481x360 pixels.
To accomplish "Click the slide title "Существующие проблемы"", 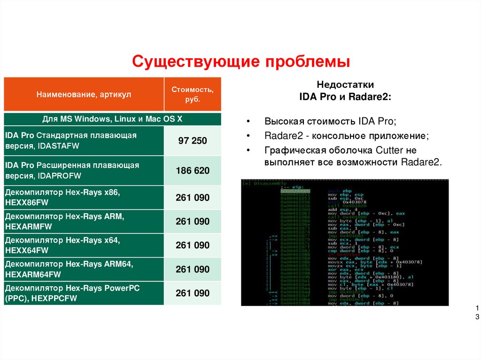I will (x=241, y=61).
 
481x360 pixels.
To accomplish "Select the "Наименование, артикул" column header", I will (x=84, y=94).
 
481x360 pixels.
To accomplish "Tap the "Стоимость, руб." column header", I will (x=193, y=94).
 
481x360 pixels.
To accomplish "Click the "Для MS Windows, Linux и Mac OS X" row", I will (x=112, y=119).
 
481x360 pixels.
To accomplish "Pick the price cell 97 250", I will (x=193, y=141).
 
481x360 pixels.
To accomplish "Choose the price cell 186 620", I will (x=193, y=171).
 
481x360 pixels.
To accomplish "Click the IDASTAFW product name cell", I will (x=84, y=141).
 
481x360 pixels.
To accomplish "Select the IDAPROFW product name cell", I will (x=84, y=171).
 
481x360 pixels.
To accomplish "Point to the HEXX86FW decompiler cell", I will (x=84, y=198).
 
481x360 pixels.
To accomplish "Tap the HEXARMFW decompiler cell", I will (x=84, y=222).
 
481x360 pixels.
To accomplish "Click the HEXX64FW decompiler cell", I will (x=84, y=245).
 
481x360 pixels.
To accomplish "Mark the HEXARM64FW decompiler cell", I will (x=84, y=269).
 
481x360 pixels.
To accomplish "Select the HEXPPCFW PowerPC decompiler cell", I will (x=84, y=293).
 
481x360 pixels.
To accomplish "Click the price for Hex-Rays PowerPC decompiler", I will (x=193, y=293).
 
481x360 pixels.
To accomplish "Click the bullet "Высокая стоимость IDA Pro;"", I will (x=330, y=121).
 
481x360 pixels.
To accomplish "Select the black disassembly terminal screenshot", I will (x=345, y=242).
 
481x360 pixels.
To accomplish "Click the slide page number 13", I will (x=477, y=313).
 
